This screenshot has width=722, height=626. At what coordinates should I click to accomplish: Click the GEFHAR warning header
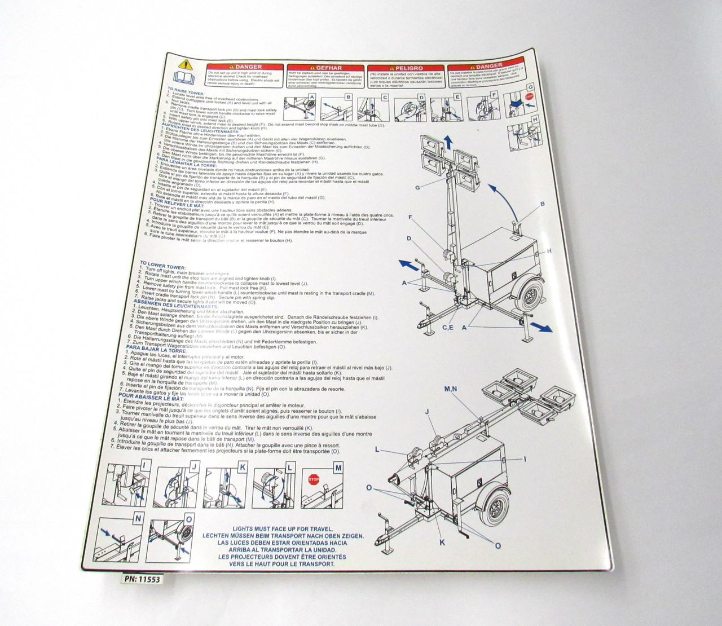click(322, 67)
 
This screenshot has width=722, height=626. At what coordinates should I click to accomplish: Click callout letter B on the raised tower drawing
click(542, 204)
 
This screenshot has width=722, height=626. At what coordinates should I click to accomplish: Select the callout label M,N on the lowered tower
click(451, 389)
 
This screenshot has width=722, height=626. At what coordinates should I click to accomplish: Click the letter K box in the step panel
click(242, 466)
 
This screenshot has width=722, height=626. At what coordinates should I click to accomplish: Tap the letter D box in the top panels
click(420, 97)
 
